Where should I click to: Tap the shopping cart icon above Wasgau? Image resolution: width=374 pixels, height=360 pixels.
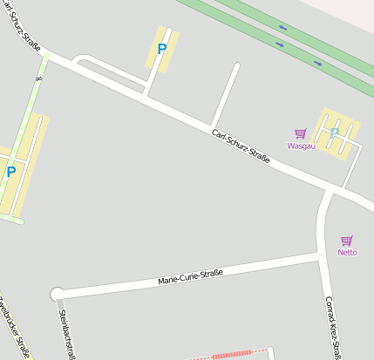[x=300, y=133]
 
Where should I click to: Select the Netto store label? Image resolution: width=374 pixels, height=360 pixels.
[x=347, y=252]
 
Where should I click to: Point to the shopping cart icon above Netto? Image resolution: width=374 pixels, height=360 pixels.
[x=347, y=241]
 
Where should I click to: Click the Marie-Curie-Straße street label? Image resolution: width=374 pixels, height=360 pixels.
[x=190, y=277]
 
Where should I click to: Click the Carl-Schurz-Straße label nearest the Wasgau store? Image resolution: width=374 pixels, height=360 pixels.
[x=241, y=146]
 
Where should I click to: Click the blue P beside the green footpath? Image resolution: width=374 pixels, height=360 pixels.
[x=11, y=173]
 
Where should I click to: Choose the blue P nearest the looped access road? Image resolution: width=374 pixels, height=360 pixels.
[x=161, y=49]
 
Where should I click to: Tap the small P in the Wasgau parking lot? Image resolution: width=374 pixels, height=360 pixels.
[x=334, y=132]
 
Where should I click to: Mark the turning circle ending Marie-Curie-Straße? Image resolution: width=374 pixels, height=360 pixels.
[x=58, y=294]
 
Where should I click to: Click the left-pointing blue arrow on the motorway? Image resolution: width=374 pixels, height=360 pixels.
[x=281, y=43]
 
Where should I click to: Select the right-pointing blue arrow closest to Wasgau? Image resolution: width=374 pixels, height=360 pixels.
[x=316, y=63]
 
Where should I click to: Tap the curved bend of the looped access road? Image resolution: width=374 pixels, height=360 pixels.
[x=78, y=60]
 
